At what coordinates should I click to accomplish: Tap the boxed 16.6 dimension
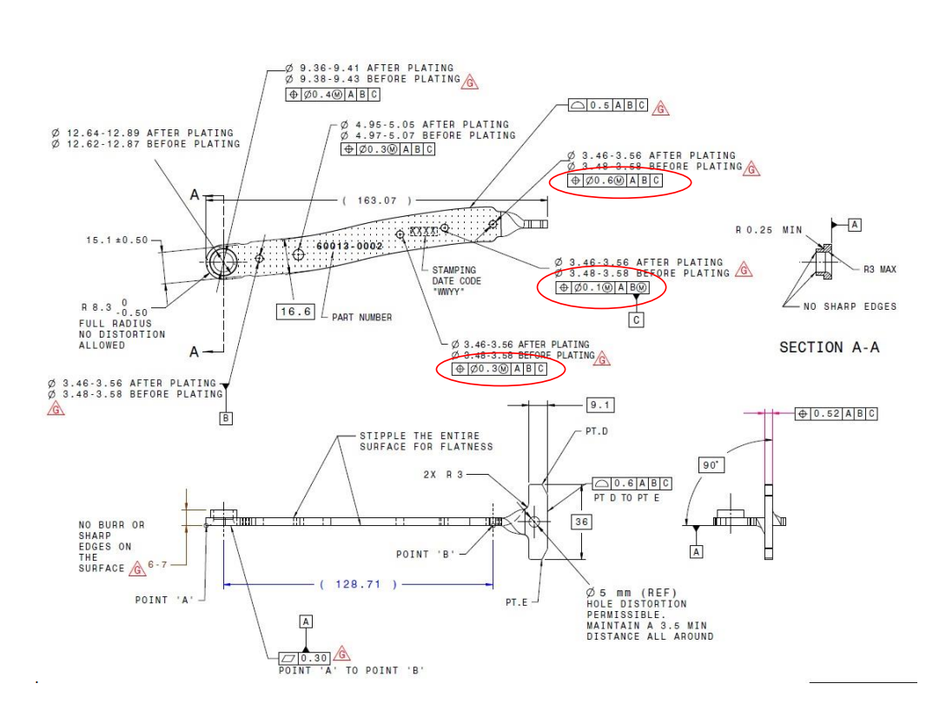click(294, 312)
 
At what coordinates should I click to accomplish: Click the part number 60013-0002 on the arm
click(348, 247)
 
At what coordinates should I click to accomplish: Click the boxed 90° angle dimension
click(711, 465)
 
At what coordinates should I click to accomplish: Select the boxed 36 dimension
click(581, 521)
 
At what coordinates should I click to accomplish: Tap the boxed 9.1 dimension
click(599, 404)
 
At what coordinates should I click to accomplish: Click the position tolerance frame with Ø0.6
click(614, 181)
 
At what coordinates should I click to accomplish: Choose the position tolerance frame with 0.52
click(836, 414)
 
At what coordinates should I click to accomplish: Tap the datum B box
click(226, 417)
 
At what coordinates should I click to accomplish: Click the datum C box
click(637, 319)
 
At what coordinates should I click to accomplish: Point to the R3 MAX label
click(879, 269)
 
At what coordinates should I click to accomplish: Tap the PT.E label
click(517, 602)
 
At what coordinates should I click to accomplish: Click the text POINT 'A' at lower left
click(162, 600)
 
